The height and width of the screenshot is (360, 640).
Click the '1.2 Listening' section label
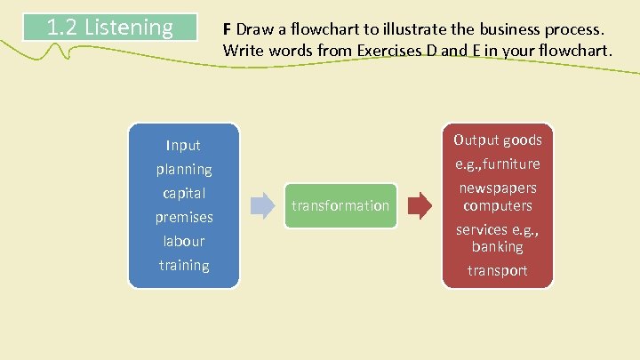109,28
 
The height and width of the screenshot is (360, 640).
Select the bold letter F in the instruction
228,28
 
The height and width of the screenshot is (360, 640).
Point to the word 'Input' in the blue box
184,145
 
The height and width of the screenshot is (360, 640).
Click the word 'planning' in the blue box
184,169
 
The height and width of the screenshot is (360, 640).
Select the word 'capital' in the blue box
184,193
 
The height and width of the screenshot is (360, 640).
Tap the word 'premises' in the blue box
184,217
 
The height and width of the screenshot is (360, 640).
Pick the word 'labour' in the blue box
184,241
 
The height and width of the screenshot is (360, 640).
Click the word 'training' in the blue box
184,265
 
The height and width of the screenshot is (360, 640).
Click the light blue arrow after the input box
263,205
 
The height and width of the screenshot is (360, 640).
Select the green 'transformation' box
341,205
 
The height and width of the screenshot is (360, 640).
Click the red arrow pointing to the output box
420,205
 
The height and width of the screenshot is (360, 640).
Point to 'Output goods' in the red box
498,140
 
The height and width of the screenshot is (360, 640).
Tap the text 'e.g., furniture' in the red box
498,164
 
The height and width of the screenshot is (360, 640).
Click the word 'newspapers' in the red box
498,188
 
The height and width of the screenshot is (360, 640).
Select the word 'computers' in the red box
498,205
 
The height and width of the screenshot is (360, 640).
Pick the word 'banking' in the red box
498,246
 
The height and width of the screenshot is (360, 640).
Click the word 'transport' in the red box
498,270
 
